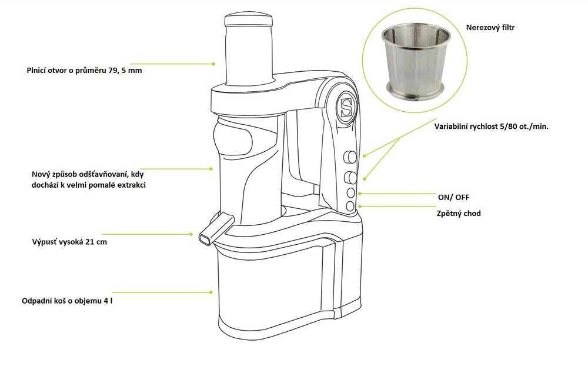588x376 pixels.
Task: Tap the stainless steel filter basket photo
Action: coord(417,62)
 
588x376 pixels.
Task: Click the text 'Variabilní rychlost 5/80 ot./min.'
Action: coord(491,127)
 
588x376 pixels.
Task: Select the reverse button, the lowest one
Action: coord(351,206)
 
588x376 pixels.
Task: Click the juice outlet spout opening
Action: coord(205,239)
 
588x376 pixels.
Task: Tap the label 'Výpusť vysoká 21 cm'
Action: coord(69,242)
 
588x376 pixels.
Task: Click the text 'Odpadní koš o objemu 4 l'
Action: coord(67,300)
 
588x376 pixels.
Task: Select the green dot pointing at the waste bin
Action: coord(211,291)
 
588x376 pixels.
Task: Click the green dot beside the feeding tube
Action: coord(215,64)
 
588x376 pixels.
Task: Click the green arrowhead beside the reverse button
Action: coord(360,206)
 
